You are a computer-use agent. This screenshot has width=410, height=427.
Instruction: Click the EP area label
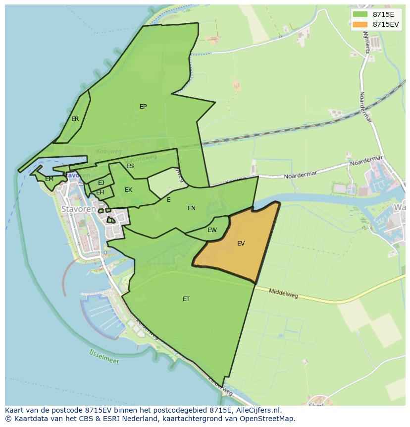click(x=143, y=107)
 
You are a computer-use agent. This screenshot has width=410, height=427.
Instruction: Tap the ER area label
click(x=75, y=119)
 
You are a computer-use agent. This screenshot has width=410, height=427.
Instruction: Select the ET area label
click(x=186, y=299)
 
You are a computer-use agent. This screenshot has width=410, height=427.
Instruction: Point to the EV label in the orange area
click(x=241, y=244)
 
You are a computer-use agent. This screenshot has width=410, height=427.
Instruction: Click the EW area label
click(x=212, y=230)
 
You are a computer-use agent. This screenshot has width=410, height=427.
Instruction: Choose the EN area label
click(x=192, y=208)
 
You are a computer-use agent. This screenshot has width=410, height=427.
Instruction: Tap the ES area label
click(x=130, y=166)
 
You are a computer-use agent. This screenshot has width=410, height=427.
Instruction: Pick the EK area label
click(x=128, y=190)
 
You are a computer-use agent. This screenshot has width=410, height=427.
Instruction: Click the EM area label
click(x=49, y=179)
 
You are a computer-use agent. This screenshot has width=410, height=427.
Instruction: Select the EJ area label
click(x=101, y=183)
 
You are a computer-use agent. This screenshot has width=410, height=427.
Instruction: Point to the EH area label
click(x=100, y=192)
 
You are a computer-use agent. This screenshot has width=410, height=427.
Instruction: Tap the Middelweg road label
click(x=283, y=294)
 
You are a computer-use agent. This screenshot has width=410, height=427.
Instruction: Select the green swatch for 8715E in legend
click(x=360, y=14)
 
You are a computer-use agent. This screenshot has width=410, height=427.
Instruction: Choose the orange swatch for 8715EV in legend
click(x=360, y=24)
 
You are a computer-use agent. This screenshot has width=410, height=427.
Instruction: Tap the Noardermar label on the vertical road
click(x=365, y=107)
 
